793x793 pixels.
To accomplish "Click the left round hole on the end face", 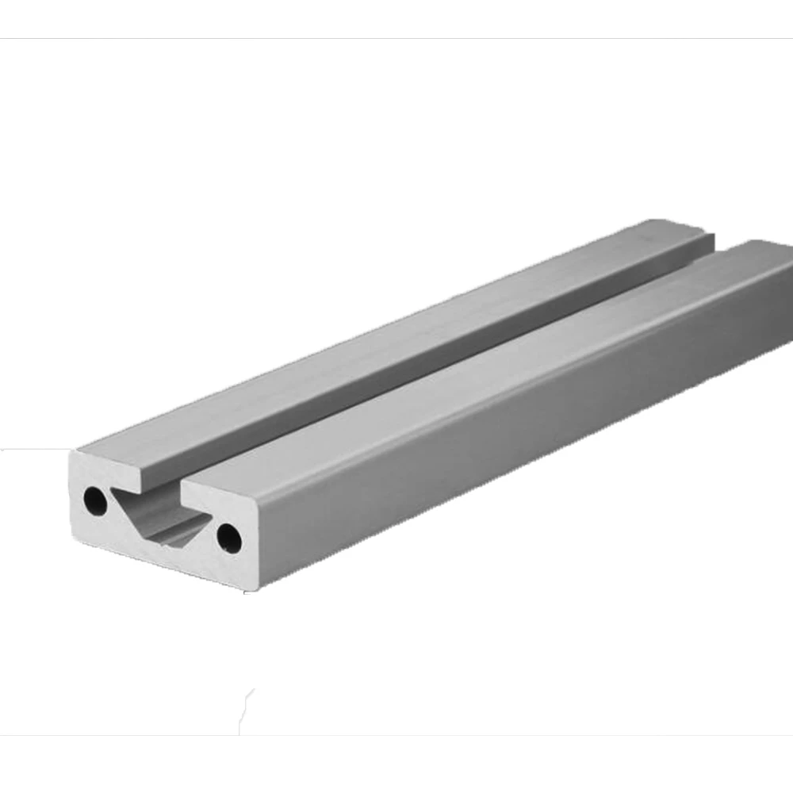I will tap(95, 500).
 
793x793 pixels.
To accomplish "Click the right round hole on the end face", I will tap(229, 538).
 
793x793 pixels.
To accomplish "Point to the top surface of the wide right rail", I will tap(508, 373).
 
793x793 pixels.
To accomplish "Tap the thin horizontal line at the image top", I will tap(396, 38).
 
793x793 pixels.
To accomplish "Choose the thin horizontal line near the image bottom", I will tap(396, 735).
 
